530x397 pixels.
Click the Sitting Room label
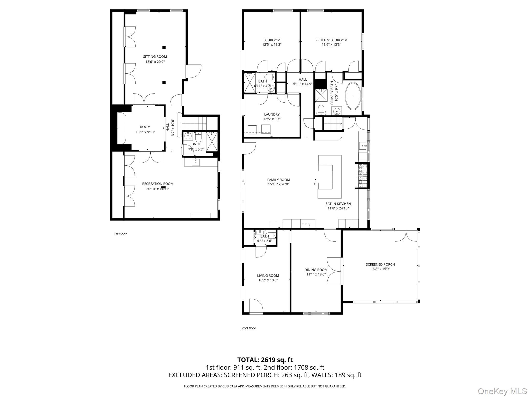pyautogui.click(x=155, y=57)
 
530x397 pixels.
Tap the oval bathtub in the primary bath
pyautogui.click(x=353, y=96)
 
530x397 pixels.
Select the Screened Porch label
pyautogui.click(x=380, y=264)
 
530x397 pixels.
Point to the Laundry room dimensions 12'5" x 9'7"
pyautogui.click(x=272, y=119)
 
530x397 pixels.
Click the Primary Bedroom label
pyautogui.click(x=331, y=40)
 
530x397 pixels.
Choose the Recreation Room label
pyautogui.click(x=158, y=184)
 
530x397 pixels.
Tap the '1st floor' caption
pyautogui.click(x=120, y=234)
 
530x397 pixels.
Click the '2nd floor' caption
pyautogui.click(x=249, y=328)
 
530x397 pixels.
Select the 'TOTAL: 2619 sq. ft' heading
pyautogui.click(x=265, y=360)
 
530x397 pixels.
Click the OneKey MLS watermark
pyautogui.click(x=502, y=391)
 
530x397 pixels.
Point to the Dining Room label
pyautogui.click(x=316, y=270)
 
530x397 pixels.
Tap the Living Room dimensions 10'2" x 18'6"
pyautogui.click(x=268, y=280)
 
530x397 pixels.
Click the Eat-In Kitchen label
pyautogui.click(x=338, y=204)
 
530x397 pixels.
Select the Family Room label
pyautogui.click(x=278, y=180)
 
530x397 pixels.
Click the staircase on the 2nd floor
pyautogui.click(x=333, y=124)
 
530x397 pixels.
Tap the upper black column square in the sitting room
pyautogui.click(x=164, y=47)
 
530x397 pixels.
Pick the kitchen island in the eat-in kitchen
pyautogui.click(x=330, y=177)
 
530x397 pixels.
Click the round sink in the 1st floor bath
pyautogui.click(x=188, y=136)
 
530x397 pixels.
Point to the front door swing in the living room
pyautogui.click(x=256, y=306)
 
